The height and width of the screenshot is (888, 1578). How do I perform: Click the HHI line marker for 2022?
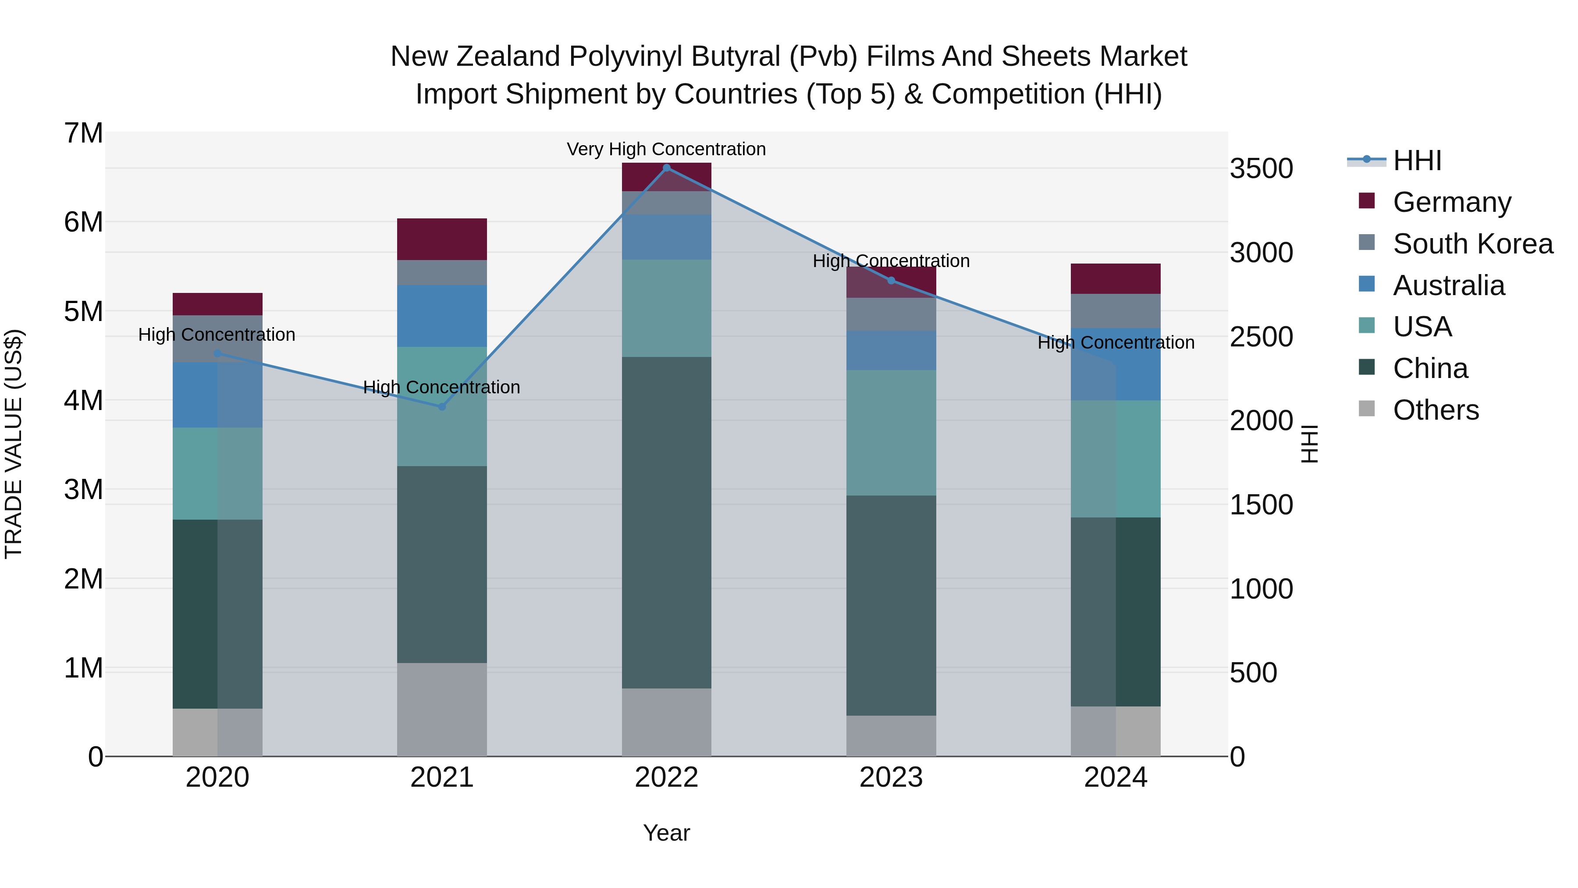(x=666, y=168)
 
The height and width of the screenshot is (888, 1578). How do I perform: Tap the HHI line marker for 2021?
(x=442, y=407)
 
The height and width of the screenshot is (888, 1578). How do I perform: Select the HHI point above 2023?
(x=891, y=281)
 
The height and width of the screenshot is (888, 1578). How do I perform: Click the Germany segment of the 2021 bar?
(x=442, y=239)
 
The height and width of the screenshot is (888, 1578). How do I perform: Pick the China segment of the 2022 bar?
(x=666, y=522)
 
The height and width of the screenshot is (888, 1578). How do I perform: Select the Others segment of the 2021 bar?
(x=442, y=709)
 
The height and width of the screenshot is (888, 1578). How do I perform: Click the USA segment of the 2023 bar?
(x=891, y=433)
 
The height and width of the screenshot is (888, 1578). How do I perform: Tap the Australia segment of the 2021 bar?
(x=442, y=316)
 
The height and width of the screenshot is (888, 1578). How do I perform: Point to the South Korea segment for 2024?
(x=1116, y=311)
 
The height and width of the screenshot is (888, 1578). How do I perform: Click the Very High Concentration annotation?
(x=666, y=150)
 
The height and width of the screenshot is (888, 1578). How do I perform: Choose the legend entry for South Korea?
(x=1473, y=244)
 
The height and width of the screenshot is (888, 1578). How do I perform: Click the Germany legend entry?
(x=1452, y=202)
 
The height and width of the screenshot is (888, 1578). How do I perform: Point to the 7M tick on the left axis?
(x=84, y=134)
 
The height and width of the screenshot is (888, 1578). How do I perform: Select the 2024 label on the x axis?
(x=1116, y=777)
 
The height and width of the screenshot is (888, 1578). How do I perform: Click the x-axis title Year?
(x=666, y=833)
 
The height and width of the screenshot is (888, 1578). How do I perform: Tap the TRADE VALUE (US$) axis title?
(x=14, y=444)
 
